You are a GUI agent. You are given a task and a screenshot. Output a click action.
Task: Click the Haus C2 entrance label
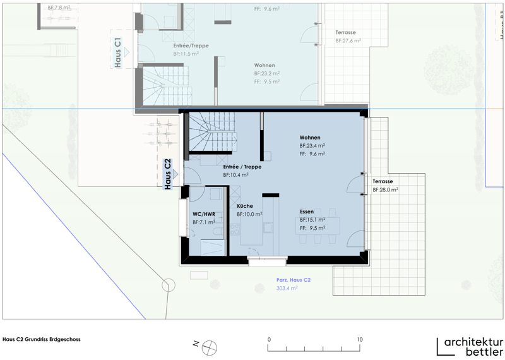[167, 174]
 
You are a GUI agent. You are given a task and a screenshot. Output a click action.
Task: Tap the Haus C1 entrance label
[118, 52]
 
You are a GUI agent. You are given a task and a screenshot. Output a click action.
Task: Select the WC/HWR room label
[204, 214]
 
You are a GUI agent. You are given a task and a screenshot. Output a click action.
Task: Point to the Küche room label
[245, 206]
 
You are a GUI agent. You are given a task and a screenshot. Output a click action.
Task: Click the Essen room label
[307, 212]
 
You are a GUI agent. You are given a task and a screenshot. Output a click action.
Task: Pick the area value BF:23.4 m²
[312, 146]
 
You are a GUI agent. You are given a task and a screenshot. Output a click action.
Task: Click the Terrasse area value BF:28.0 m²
[385, 190]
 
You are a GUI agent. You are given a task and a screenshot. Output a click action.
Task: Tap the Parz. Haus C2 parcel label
[294, 280]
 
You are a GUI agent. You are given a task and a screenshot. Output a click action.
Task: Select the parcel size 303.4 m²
[287, 288]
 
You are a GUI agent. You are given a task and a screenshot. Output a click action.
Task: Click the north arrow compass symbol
[210, 348]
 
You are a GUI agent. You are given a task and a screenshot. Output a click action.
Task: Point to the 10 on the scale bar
[360, 339]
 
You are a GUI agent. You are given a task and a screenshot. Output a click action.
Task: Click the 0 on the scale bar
[269, 339]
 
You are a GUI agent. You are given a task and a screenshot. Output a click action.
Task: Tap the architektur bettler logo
[470, 347]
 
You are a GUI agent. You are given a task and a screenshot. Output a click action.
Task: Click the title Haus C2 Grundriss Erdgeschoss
[42, 339]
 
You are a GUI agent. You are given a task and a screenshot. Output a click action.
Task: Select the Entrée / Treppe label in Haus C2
[242, 167]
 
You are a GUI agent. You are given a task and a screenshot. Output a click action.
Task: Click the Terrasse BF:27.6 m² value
[348, 41]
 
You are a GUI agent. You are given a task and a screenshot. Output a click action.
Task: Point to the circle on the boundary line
[169, 285]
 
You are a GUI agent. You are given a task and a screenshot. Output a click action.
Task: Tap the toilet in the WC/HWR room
[217, 231]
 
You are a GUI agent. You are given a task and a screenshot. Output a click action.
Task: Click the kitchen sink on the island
[268, 227]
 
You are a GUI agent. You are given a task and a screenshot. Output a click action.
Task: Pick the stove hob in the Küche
[235, 229]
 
